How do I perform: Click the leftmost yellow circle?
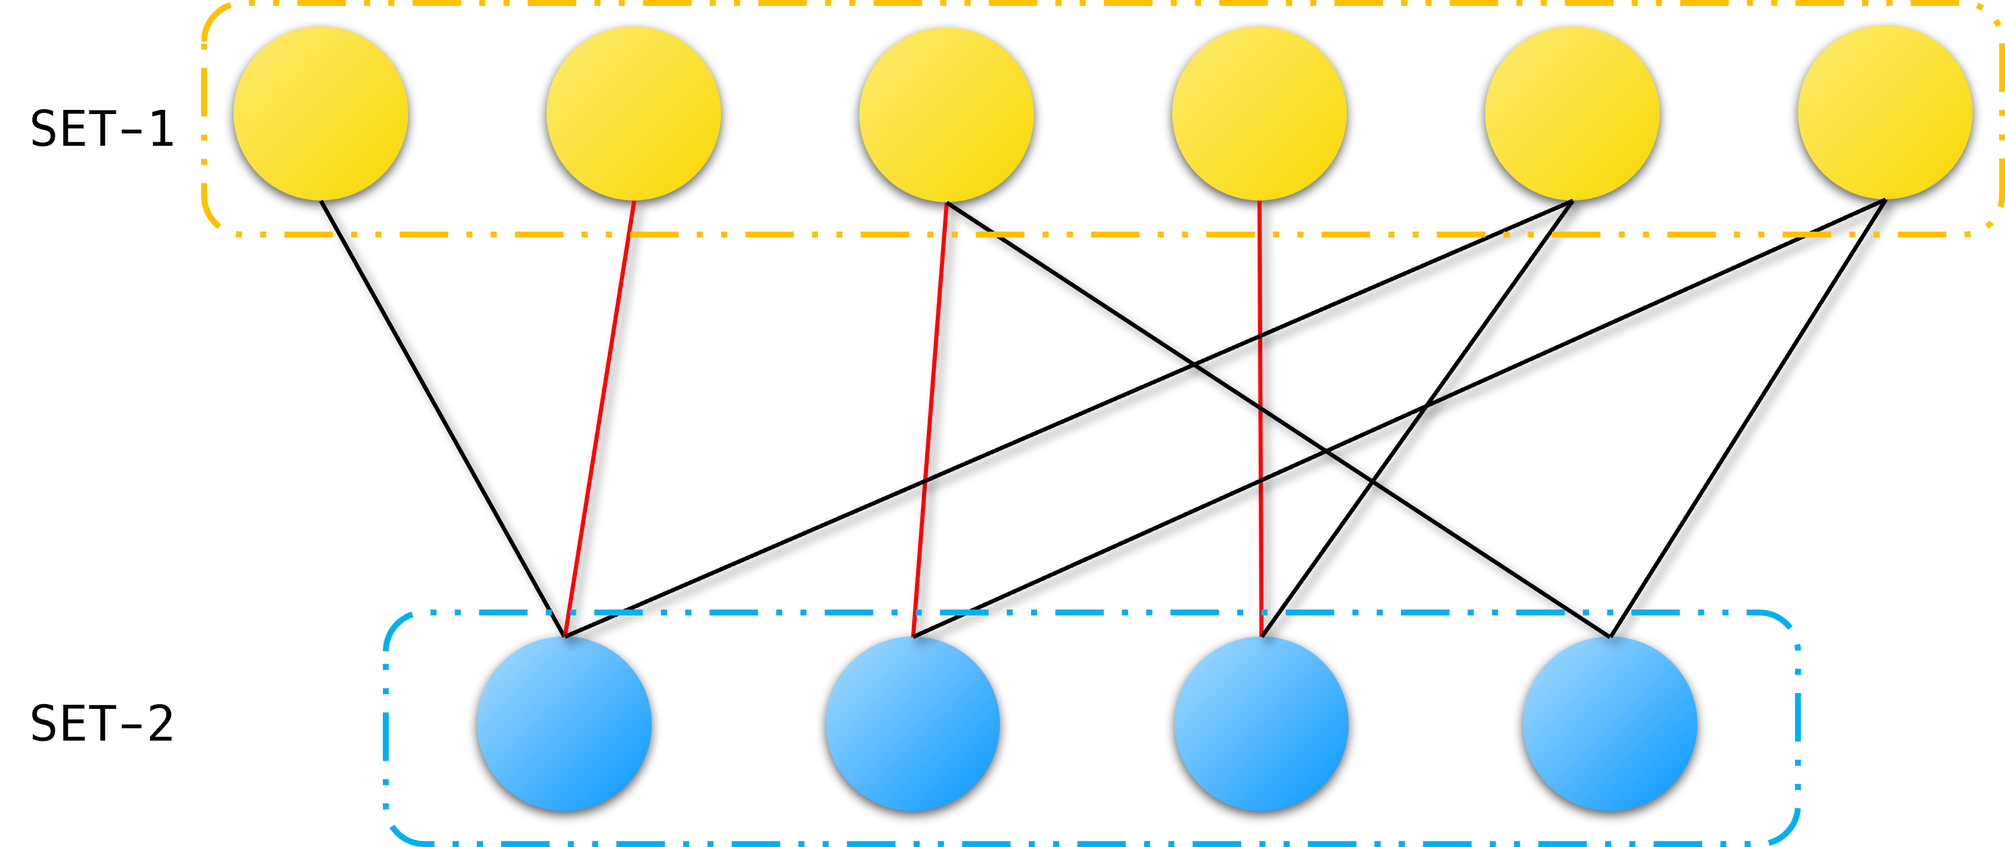click(321, 113)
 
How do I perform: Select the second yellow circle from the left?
click(633, 113)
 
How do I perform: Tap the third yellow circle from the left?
click(946, 115)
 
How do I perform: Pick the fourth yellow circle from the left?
click(1259, 113)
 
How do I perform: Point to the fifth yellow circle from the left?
click(1572, 113)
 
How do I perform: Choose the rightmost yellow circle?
click(1885, 113)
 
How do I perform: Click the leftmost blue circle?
click(564, 724)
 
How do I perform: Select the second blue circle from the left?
click(913, 724)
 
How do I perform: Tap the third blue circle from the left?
click(1262, 724)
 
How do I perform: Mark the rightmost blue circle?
click(1610, 724)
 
